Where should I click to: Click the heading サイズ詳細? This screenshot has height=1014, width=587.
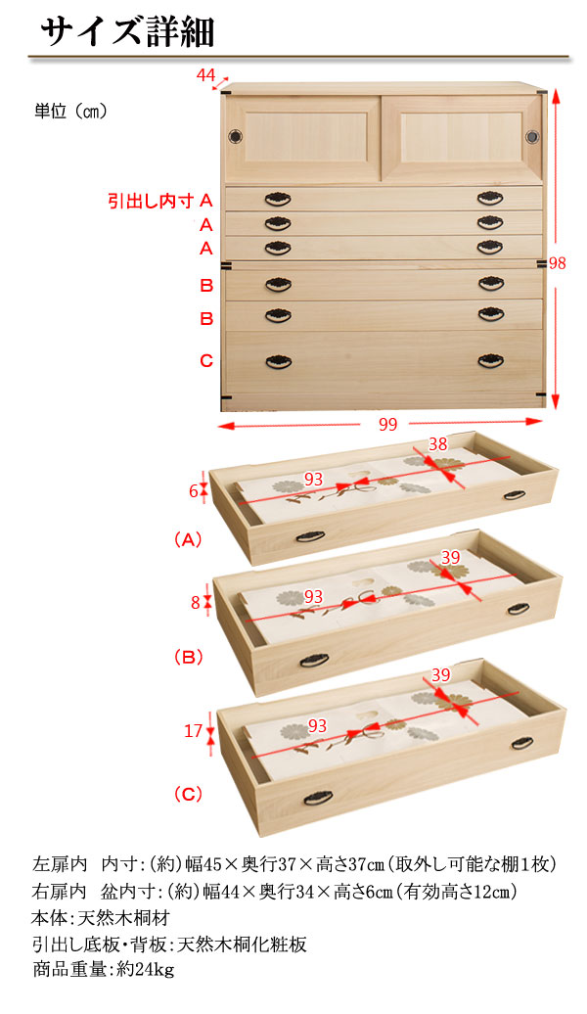127,31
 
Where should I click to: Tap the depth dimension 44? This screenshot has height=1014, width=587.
205,75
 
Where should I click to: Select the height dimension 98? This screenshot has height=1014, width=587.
558,263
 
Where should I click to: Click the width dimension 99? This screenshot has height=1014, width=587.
387,424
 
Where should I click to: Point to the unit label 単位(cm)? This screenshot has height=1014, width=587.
70,112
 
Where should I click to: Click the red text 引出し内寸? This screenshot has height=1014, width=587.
151,201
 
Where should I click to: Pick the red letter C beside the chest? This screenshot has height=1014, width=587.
206,361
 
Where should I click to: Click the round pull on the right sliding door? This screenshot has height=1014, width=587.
532,136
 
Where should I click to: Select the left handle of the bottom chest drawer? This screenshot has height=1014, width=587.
279,361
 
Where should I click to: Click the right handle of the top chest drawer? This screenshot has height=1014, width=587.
491,198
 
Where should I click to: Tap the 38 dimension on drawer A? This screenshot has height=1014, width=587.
437,443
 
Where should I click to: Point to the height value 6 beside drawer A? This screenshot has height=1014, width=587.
194,491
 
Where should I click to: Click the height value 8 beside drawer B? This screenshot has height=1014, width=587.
196,603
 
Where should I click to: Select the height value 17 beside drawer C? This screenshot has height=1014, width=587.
194,731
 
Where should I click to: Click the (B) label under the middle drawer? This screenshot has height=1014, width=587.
189,657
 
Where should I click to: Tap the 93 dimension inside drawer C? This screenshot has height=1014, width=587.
317,725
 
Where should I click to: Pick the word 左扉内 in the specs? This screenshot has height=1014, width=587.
59,864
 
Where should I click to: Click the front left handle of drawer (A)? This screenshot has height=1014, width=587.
310,536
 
